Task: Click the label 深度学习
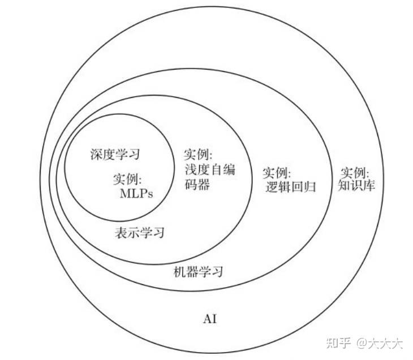(115, 154)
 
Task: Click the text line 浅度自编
(210, 169)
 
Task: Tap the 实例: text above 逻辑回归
(277, 171)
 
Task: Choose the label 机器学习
(198, 271)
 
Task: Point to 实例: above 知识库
(355, 171)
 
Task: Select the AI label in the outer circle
(209, 319)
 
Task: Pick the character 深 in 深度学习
(96, 154)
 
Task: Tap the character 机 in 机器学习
(179, 271)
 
